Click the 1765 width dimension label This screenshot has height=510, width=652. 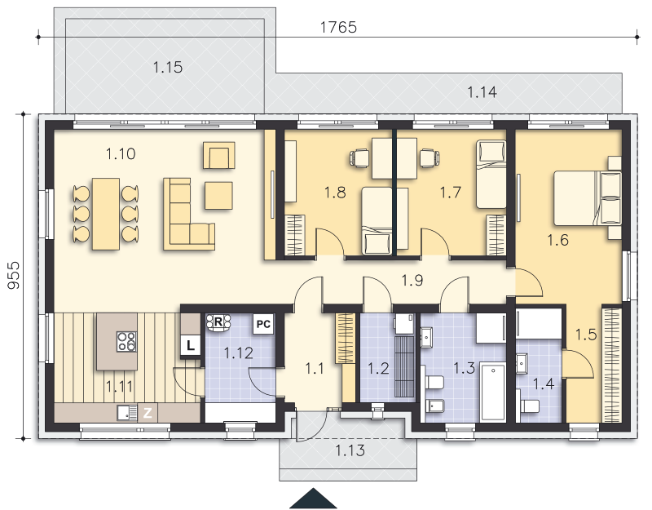pos(338,28)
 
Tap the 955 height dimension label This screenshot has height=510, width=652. pos(13,275)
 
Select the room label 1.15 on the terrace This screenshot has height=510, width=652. pos(168,67)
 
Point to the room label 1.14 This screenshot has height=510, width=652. pos(482,92)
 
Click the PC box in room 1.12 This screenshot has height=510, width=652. pos(263,324)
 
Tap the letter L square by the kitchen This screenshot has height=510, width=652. pos(191,345)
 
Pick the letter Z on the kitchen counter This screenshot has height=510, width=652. pos(148,413)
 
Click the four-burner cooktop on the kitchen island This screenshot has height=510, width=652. pos(126,341)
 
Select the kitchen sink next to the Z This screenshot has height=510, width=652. pos(127,413)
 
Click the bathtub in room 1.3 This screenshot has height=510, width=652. pos(493,392)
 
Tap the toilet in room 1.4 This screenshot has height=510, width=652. pos(529,406)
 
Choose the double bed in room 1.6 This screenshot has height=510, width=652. pos(588,198)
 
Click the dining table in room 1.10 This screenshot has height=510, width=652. pos(106,214)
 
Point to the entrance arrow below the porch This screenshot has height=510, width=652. pos(313,499)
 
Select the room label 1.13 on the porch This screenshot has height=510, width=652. pos(350,450)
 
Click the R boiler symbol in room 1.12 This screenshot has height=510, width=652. pos(218,322)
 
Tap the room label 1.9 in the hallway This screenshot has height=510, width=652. pos(412,280)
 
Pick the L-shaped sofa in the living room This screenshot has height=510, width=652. pos(189,214)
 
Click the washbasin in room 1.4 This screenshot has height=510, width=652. pos(522,363)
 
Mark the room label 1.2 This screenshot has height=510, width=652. pos(378,369)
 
